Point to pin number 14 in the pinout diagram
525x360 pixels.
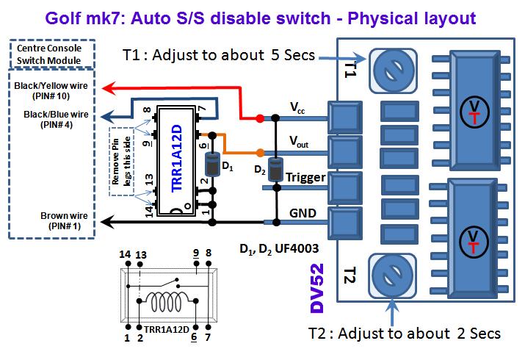tap(125, 254)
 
